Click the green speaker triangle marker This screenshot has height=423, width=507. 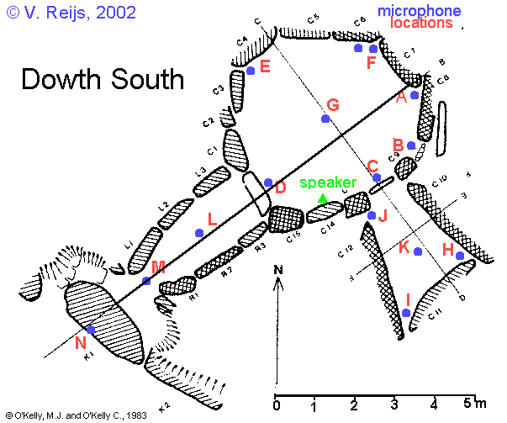(x=323, y=198)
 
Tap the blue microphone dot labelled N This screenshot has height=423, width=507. (x=90, y=330)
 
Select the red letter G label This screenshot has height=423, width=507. (x=332, y=105)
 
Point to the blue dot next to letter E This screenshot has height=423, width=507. (x=251, y=71)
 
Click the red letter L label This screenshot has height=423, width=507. (x=212, y=219)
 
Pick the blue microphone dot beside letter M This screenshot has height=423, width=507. (x=146, y=281)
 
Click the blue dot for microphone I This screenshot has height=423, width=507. (x=406, y=313)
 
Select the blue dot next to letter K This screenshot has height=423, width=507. (x=418, y=252)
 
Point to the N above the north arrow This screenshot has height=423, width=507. (x=279, y=270)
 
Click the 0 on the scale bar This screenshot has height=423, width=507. (x=277, y=407)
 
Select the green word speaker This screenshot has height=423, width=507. (x=328, y=182)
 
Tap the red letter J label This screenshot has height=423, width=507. (x=383, y=215)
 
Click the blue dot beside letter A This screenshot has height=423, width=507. (x=415, y=95)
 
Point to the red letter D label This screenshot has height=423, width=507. (x=281, y=188)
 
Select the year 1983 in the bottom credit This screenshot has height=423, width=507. (x=137, y=415)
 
